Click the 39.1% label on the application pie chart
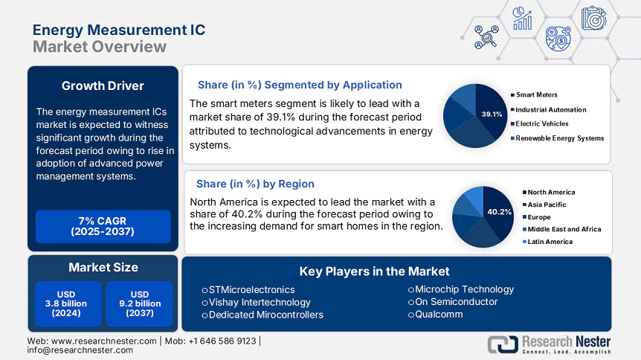(492, 115)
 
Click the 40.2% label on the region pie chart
(499, 212)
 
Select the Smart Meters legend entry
(537, 95)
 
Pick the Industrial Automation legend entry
(551, 109)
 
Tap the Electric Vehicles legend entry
(542, 123)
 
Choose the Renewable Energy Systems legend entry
(560, 138)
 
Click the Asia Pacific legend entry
(547, 205)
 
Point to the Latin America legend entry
(550, 242)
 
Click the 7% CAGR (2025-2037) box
(103, 226)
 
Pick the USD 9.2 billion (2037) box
(139, 303)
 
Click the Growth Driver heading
(103, 86)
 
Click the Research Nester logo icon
(503, 344)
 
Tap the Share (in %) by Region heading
(255, 184)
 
